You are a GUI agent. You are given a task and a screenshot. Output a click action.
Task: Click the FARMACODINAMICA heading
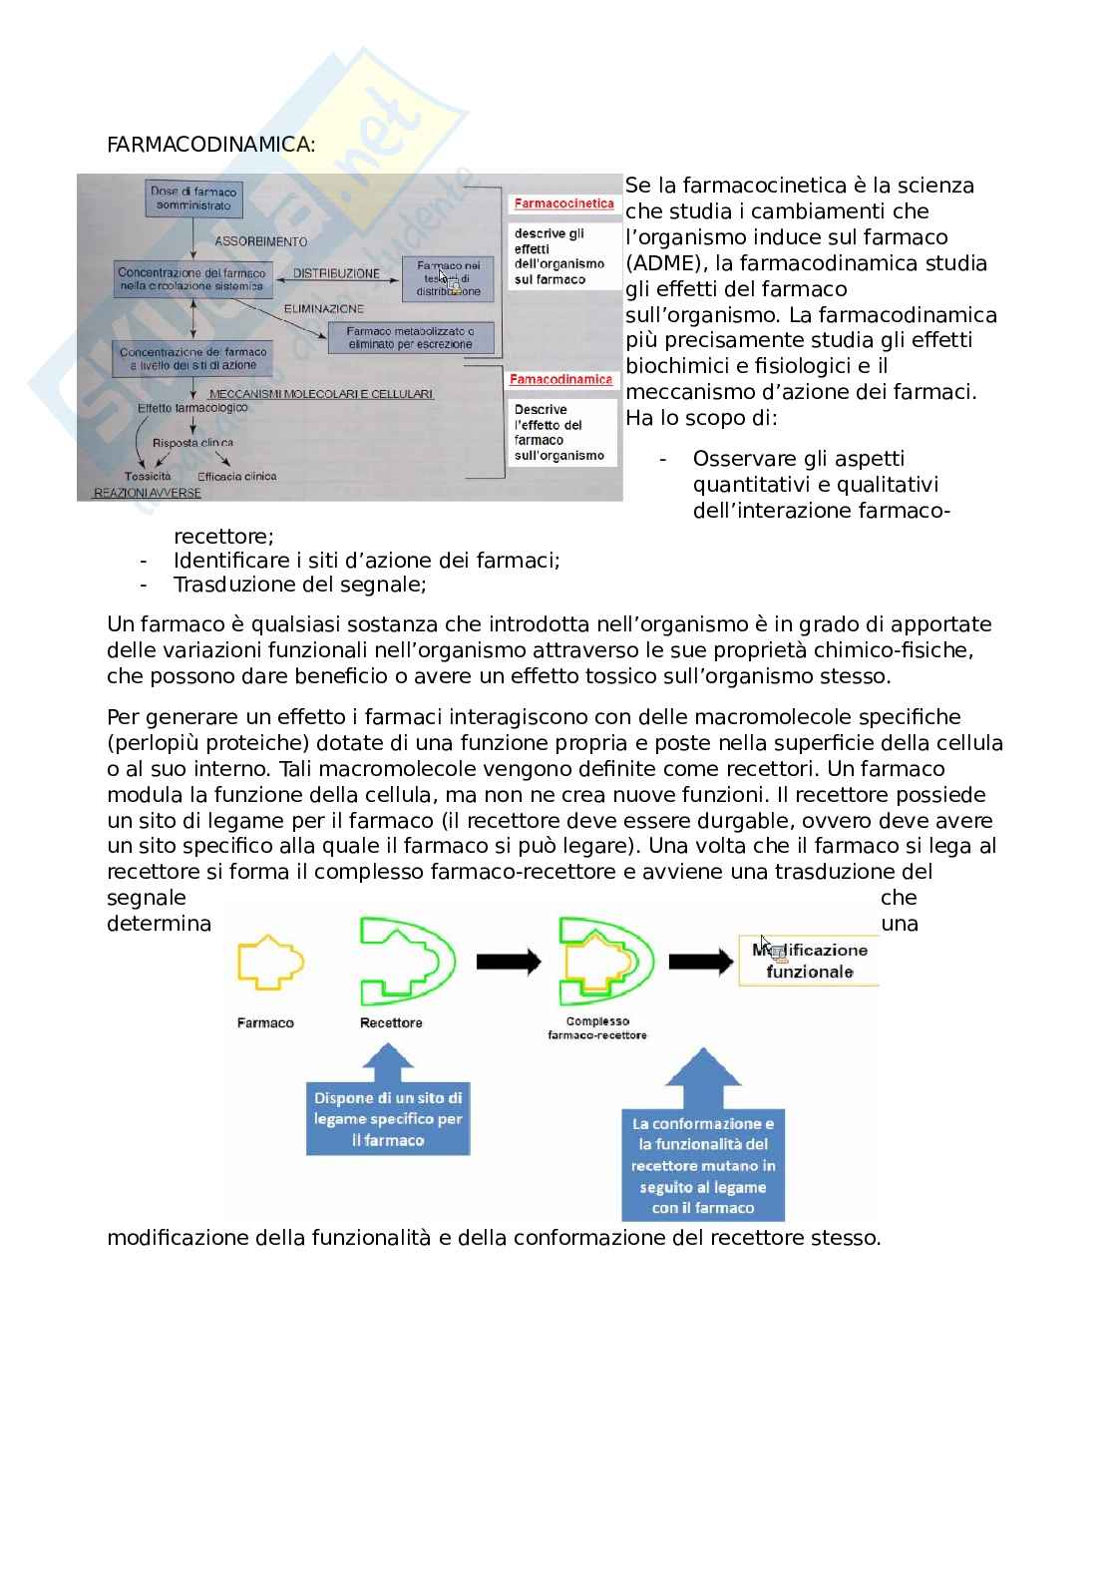click(209, 145)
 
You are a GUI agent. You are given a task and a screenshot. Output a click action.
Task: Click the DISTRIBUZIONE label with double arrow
click(336, 273)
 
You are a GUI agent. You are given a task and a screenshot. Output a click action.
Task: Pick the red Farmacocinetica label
click(563, 203)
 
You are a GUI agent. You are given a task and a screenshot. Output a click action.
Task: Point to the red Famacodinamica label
click(561, 380)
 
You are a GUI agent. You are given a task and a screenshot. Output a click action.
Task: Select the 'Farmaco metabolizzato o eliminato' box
click(410, 337)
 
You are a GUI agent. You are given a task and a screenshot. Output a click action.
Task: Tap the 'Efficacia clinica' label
click(236, 477)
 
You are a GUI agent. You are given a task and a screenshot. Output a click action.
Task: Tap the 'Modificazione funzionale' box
click(809, 961)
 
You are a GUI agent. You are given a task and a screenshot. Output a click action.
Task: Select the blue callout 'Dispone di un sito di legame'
click(388, 1119)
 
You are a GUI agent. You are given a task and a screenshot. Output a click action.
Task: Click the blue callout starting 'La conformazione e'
click(702, 1164)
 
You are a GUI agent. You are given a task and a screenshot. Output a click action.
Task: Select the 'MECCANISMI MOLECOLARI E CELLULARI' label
click(321, 394)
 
